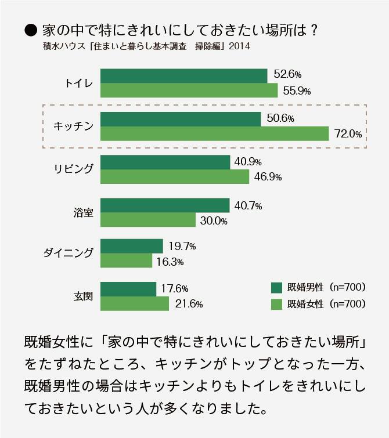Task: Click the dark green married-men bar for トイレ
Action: coord(183,75)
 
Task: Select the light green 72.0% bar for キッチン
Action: coord(215,133)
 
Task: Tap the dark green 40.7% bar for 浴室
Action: coord(165,205)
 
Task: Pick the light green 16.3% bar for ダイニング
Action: coord(126,260)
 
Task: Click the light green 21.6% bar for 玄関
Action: coord(135,303)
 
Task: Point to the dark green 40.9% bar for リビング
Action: coord(165,162)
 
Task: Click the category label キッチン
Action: coord(73,126)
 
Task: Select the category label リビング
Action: coord(72,169)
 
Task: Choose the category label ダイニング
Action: coord(69,253)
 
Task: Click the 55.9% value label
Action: coord(297,91)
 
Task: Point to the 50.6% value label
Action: coord(280,119)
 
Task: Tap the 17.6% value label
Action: coord(175,288)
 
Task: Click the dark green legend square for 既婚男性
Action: coord(276,288)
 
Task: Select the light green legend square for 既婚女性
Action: coord(276,303)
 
